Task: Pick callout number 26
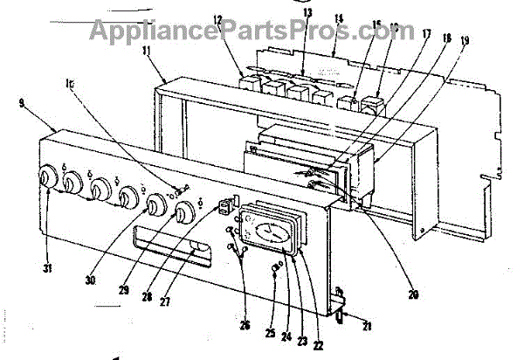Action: [245, 325]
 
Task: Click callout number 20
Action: [413, 294]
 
